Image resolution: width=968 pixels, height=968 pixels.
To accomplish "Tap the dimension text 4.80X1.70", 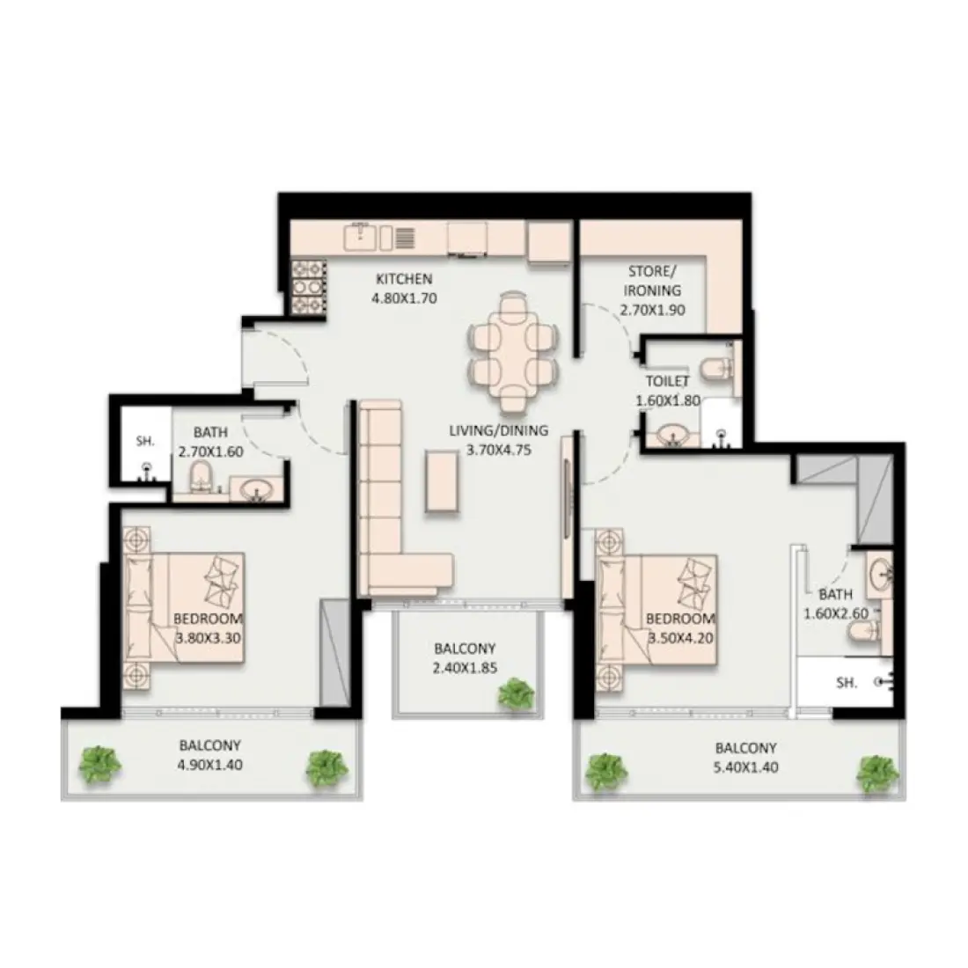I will tap(407, 297).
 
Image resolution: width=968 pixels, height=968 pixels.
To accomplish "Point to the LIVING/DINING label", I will tap(498, 430).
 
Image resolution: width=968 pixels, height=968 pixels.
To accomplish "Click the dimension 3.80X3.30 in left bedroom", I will tap(208, 638).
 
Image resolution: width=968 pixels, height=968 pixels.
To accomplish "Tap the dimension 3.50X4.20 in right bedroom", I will tap(681, 638).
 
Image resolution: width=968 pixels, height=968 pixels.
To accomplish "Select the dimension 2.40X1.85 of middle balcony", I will tap(466, 668).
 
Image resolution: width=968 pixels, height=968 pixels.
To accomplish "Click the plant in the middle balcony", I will tap(515, 694).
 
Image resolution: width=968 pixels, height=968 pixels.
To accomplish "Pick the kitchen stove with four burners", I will tap(308, 284).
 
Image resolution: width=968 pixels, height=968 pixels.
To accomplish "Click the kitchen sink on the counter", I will tap(361, 236).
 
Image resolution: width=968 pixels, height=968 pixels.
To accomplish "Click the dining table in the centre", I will tap(514, 351).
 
